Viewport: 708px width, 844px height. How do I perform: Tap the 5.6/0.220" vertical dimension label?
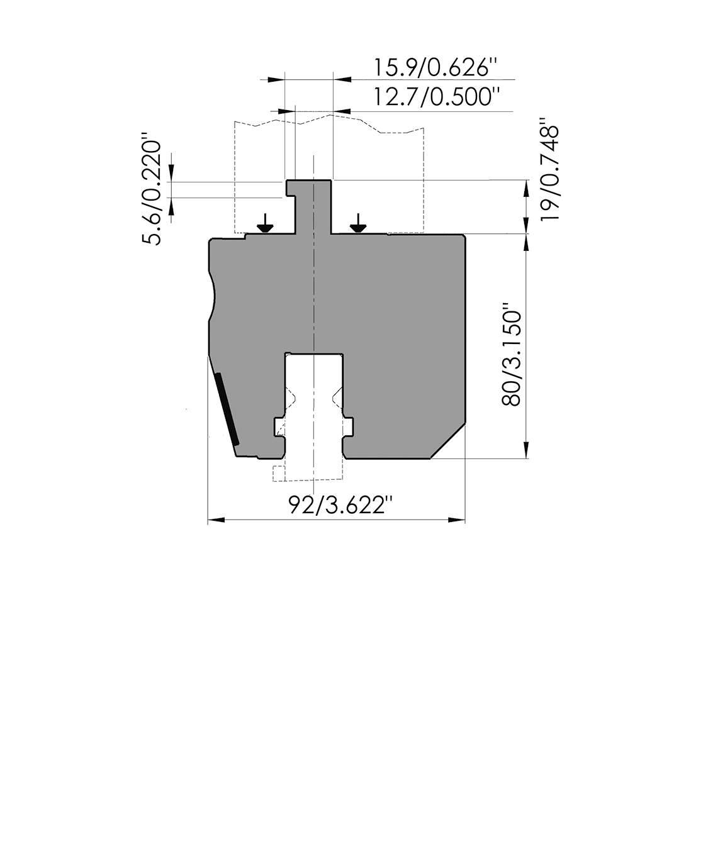[152, 193]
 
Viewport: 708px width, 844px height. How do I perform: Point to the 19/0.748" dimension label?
[549, 169]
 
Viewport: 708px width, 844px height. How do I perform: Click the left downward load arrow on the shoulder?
[265, 223]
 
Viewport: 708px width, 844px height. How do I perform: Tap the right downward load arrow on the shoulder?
[357, 223]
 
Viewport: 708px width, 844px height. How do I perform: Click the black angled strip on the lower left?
[227, 409]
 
